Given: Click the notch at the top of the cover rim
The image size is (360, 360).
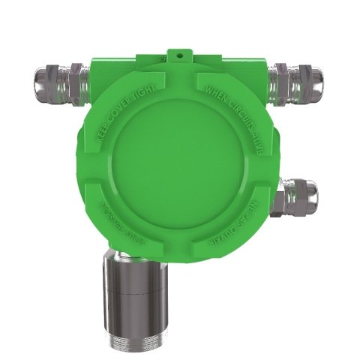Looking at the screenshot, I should click(x=180, y=73).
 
